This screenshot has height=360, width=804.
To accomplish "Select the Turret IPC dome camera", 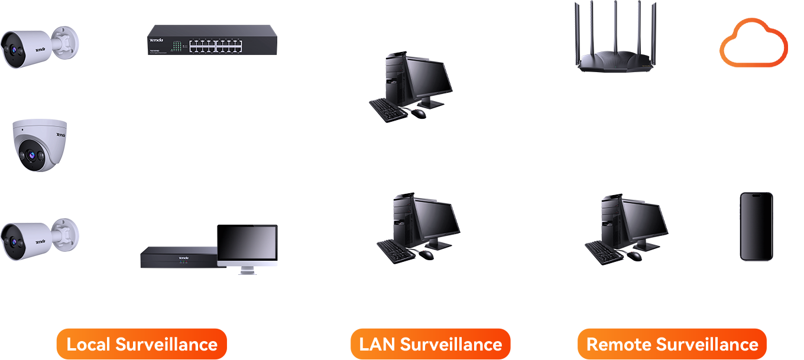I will click(40, 145).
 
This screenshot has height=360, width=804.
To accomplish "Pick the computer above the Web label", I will click(419, 228).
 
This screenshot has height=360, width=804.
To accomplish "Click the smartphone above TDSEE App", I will click(756, 226).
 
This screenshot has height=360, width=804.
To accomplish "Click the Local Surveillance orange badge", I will click(141, 344).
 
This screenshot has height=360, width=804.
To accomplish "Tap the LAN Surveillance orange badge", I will click(430, 344).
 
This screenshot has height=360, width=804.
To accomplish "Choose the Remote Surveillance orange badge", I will click(672, 344).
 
